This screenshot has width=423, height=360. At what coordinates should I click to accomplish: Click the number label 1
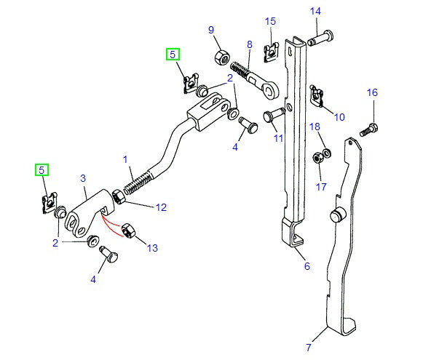point(124,158)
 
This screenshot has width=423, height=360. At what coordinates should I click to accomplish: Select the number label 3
point(82,178)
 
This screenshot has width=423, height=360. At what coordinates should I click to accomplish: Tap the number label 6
point(307,266)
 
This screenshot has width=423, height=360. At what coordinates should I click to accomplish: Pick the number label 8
point(249,45)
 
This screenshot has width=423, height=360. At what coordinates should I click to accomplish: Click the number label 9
point(211,30)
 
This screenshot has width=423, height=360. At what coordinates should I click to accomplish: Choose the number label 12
point(161,207)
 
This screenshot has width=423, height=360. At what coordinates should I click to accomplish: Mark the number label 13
point(151,248)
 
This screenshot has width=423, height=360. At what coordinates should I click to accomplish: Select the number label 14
point(315,11)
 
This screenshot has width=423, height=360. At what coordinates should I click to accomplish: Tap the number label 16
point(372,92)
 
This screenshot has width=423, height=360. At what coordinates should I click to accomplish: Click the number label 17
point(321,186)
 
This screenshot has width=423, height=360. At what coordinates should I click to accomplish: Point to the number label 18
point(315,127)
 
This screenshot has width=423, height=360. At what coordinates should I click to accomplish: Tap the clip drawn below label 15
point(272,49)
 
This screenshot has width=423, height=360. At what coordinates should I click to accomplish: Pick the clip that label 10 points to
point(317,92)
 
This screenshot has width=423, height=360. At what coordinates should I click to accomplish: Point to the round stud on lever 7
point(336,216)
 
